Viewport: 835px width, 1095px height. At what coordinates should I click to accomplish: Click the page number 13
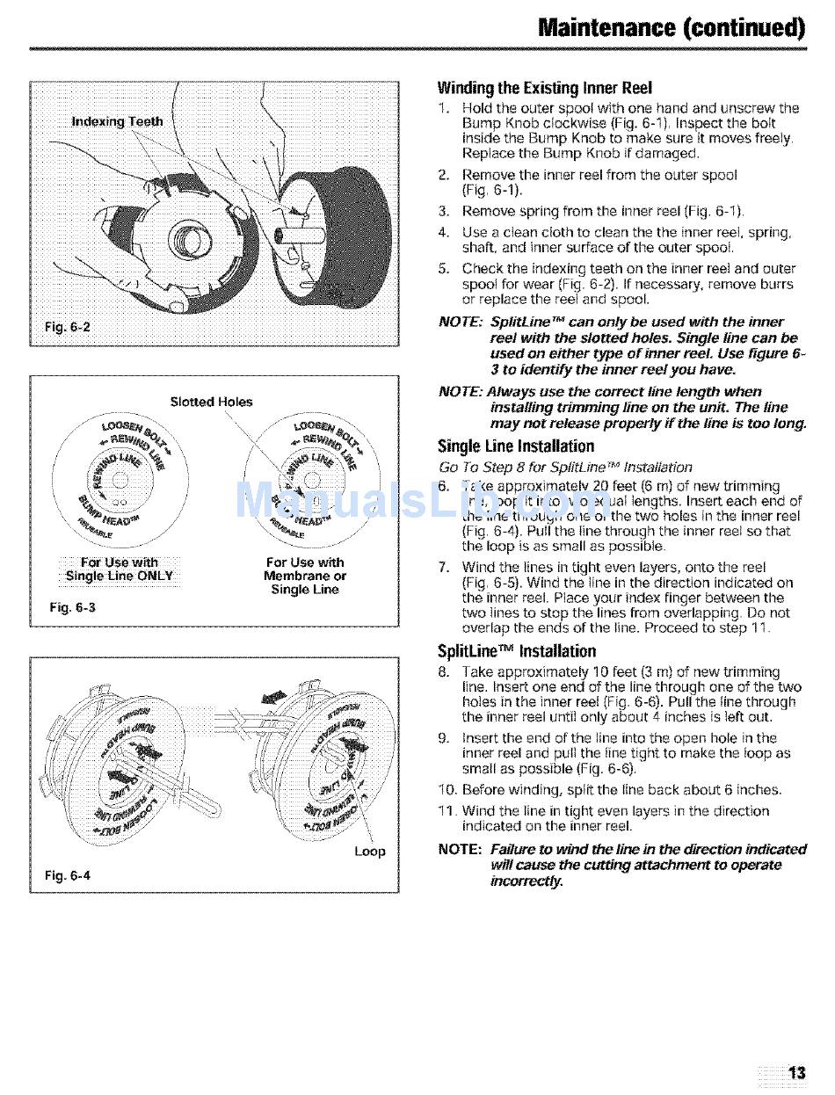[796, 1072]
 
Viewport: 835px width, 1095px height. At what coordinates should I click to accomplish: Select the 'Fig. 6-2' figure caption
[68, 329]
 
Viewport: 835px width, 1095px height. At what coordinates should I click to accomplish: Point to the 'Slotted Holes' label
[211, 402]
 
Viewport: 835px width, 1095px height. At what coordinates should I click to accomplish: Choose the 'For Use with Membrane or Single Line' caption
[305, 576]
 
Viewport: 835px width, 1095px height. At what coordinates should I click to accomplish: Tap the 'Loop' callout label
[369, 851]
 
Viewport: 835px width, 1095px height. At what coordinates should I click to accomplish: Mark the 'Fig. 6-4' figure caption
[68, 875]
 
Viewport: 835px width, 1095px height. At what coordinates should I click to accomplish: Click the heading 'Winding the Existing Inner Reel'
[545, 88]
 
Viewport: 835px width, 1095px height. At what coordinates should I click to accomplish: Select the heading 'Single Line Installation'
[516, 446]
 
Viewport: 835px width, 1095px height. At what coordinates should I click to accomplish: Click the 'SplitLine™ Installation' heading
[517, 651]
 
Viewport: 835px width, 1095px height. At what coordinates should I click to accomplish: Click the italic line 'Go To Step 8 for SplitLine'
[565, 467]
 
